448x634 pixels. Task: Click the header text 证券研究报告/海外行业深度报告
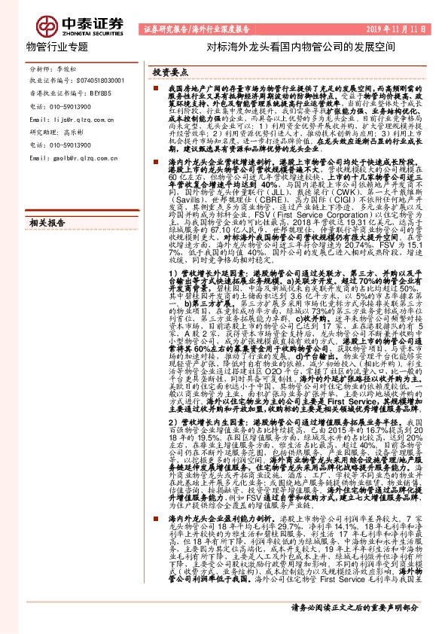[195, 30]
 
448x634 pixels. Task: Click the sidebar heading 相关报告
[47, 224]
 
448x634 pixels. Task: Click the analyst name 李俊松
[69, 67]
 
